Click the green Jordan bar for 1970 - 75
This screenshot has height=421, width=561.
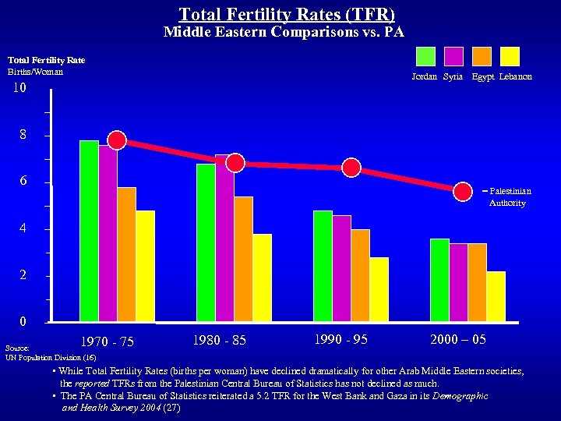point(89,231)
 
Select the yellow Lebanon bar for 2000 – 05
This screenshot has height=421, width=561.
point(496,296)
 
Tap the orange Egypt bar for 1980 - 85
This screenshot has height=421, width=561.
point(243,259)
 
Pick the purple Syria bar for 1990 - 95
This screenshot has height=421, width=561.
point(341,268)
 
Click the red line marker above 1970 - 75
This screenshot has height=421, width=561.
point(117,140)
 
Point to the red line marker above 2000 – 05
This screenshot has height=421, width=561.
point(463,191)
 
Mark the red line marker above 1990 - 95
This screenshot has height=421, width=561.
point(351,168)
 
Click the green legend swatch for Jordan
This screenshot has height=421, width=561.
point(425,56)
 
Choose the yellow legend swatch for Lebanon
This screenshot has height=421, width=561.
point(510,56)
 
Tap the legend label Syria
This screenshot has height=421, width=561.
point(453,76)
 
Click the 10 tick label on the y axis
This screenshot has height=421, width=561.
point(19,88)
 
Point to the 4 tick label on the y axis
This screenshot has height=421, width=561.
point(23,229)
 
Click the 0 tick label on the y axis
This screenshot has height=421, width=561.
point(23,321)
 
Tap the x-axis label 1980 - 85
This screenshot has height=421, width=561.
point(221,340)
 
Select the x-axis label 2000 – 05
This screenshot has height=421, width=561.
point(458,339)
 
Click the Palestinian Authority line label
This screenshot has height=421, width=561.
point(510,196)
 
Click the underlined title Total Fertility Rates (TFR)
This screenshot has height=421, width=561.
point(287,14)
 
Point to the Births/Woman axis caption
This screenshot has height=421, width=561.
point(35,72)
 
